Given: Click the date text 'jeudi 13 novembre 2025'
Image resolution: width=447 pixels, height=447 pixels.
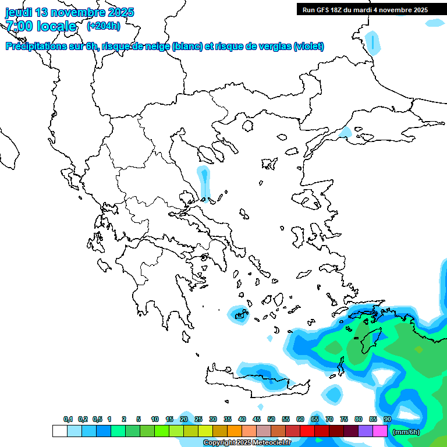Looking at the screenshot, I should tap(70, 12).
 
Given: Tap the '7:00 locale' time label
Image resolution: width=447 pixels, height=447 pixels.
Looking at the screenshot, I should tap(41, 26).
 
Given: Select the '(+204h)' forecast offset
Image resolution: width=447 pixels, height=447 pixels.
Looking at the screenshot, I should tap(104, 26).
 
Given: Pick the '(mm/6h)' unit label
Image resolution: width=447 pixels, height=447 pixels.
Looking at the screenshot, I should tap(406, 431).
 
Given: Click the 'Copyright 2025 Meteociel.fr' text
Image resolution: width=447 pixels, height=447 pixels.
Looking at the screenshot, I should tap(247, 443).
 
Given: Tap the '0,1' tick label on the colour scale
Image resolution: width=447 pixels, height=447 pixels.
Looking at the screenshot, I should tap(68, 419).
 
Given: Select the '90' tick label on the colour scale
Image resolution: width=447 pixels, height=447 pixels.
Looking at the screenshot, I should tap(388, 419).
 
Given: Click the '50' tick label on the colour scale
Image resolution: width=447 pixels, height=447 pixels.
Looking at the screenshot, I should tap(271, 419).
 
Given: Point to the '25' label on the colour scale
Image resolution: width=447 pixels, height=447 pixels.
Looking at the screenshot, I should tap(198, 419).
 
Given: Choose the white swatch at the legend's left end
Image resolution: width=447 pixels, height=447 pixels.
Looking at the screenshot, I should tap(59, 431).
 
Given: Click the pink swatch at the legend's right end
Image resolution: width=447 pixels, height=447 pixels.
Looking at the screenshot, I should tap(380, 431).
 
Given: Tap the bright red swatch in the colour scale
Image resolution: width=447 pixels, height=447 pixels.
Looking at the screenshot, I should tap(307, 431).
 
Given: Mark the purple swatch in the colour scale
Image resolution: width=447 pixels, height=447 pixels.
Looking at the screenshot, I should tap(366, 431).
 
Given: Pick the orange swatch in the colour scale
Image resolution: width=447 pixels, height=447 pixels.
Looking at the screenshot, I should tap(235, 431).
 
